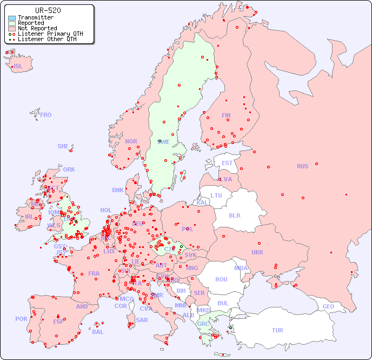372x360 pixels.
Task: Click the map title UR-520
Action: pyautogui.click(x=48, y=10)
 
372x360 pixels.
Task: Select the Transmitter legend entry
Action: pyautogui.click(x=35, y=18)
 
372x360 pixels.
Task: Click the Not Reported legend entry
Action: pyautogui.click(x=37, y=28)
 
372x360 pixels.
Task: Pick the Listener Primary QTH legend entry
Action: pyautogui.click(x=50, y=34)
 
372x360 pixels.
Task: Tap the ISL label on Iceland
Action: pyautogui.click(x=18, y=67)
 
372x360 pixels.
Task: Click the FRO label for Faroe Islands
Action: pyautogui.click(x=46, y=115)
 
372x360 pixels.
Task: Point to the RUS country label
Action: pyautogui.click(x=302, y=166)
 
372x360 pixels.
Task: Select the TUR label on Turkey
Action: pyautogui.click(x=277, y=330)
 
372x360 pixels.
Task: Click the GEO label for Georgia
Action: pyautogui.click(x=328, y=306)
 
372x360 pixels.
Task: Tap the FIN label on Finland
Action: pyautogui.click(x=226, y=115)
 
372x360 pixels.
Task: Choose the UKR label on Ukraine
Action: pyautogui.click(x=257, y=252)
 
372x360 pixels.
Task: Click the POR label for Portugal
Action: pyautogui.click(x=21, y=319)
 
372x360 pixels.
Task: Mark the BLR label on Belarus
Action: pyautogui.click(x=234, y=215)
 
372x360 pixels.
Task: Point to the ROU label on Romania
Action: pyautogui.click(x=221, y=279)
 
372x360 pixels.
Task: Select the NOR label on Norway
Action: pyautogui.click(x=131, y=141)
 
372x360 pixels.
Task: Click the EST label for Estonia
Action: pyautogui.click(x=227, y=163)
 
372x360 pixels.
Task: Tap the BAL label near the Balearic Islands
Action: pyautogui.click(x=98, y=332)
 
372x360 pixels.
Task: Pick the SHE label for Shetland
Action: pyautogui.click(x=63, y=146)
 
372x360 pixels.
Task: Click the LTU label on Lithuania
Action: pyautogui.click(x=216, y=195)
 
